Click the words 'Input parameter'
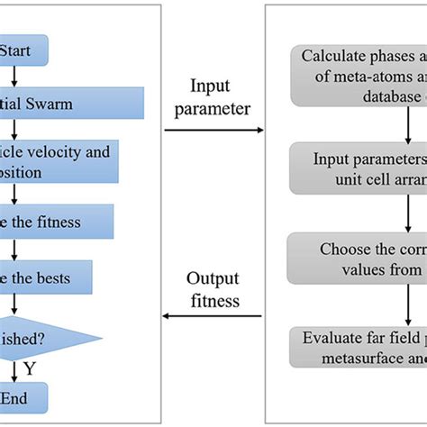coord(213,98)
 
